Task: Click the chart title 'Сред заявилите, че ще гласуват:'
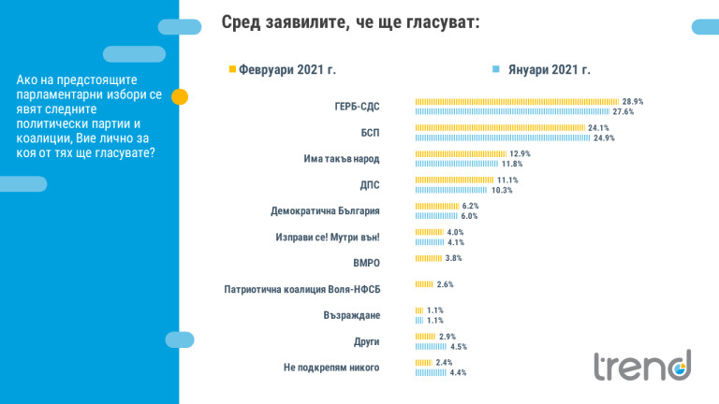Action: (350, 22)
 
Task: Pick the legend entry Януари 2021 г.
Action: (550, 70)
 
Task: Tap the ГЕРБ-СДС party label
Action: (357, 107)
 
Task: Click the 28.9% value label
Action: (633, 101)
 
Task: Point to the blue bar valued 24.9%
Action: (503, 137)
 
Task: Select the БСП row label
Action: (370, 133)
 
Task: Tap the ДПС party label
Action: (370, 185)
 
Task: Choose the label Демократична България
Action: (325, 211)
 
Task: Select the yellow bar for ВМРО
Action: (428, 258)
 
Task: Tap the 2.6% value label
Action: (445, 284)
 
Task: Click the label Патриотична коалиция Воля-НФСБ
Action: (302, 290)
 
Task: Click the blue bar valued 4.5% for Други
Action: (431, 346)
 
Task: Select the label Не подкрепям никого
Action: (331, 368)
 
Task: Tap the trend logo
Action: (642, 365)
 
